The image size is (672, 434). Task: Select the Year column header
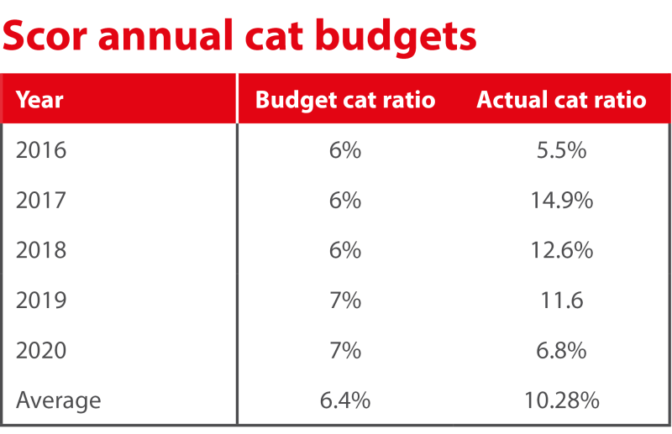(x=39, y=100)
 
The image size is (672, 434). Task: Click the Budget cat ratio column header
(x=345, y=100)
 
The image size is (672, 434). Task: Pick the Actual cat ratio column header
(x=561, y=100)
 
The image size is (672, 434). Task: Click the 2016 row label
(x=41, y=150)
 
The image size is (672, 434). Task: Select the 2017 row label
(x=41, y=201)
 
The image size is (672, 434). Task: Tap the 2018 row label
(x=41, y=250)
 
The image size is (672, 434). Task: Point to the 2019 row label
(x=41, y=300)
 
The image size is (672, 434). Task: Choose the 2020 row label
(x=41, y=350)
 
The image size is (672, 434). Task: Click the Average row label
(x=58, y=400)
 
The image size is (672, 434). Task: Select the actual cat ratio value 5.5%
(x=562, y=150)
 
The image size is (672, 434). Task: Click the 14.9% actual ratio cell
(x=562, y=201)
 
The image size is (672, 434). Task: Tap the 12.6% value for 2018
(x=562, y=250)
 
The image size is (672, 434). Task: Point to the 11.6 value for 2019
(x=562, y=300)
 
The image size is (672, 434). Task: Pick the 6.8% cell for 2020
(x=562, y=350)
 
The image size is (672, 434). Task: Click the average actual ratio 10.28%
(x=562, y=400)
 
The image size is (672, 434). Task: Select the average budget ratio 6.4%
(x=345, y=400)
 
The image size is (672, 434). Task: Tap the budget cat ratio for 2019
(x=345, y=300)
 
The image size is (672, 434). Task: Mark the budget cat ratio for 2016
(x=345, y=150)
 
